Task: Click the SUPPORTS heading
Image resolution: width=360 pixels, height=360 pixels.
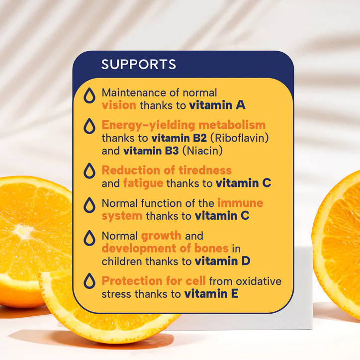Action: click(138, 64)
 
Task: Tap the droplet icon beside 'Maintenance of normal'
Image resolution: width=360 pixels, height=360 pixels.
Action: click(90, 95)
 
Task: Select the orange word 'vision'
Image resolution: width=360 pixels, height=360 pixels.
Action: click(119, 105)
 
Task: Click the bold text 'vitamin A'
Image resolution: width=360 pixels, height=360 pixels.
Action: click(217, 105)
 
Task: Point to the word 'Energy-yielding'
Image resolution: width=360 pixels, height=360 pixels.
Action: click(148, 125)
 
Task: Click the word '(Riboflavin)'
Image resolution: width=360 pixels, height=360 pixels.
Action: click(239, 138)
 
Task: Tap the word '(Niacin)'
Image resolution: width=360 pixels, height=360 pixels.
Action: click(202, 151)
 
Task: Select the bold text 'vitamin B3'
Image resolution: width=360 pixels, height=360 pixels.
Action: click(151, 151)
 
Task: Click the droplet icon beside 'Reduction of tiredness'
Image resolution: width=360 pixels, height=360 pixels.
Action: click(90, 171)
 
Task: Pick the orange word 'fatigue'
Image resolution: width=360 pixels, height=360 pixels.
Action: click(143, 183)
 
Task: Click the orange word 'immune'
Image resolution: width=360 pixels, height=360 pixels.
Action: click(240, 203)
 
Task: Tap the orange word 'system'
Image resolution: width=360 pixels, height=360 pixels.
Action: click(122, 216)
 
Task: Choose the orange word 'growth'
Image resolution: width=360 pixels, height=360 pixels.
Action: click(161, 236)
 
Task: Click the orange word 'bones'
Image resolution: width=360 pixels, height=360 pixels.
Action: click(211, 249)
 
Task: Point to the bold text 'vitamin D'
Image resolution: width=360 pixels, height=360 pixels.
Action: click(222, 261)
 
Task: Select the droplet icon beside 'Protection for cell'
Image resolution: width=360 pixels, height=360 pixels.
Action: click(90, 281)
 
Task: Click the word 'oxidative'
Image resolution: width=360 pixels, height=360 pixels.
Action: click(259, 281)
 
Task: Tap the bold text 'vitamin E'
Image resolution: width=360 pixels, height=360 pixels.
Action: click(211, 294)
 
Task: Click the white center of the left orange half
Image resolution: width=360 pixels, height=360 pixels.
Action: click(23, 231)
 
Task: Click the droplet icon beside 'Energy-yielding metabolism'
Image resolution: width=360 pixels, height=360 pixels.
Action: click(90, 126)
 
